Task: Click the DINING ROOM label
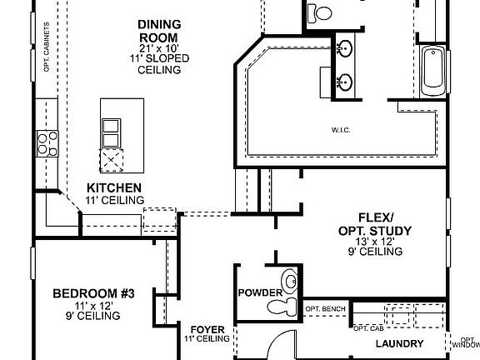coord(159,31)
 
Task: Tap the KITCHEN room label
coord(114,188)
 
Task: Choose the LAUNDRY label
coord(399,344)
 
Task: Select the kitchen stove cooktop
coord(46,142)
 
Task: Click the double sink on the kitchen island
coord(111,131)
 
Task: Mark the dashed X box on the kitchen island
coord(111,160)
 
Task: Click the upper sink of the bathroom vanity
coord(343,48)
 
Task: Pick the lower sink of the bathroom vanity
coord(343,82)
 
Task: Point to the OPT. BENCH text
coord(326,309)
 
